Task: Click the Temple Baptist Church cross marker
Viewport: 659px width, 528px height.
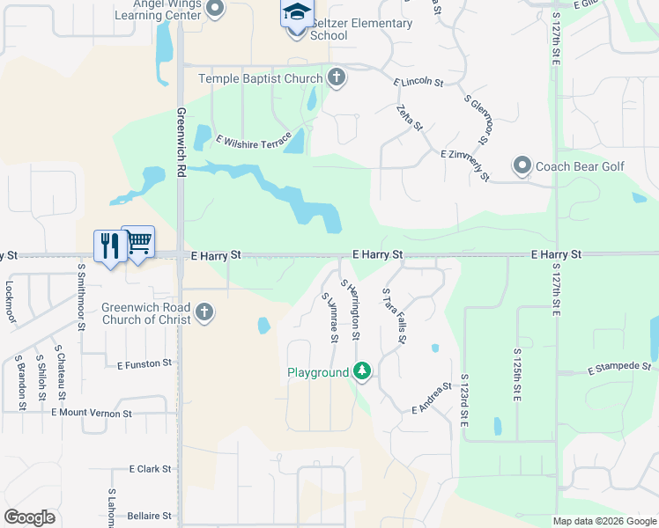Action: click(336, 78)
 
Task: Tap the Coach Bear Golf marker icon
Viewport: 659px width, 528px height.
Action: click(522, 165)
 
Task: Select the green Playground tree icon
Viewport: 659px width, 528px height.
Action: click(361, 372)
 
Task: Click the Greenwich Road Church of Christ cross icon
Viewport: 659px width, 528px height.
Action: click(204, 312)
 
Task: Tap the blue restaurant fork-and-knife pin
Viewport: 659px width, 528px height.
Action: click(109, 246)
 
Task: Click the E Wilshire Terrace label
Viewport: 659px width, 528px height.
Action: click(253, 143)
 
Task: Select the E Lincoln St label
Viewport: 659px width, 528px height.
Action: click(418, 82)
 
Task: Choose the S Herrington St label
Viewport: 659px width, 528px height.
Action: click(351, 311)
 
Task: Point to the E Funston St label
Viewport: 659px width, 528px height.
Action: click(144, 363)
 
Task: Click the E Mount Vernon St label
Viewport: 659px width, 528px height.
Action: click(92, 412)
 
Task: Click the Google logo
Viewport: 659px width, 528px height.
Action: click(29, 517)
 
